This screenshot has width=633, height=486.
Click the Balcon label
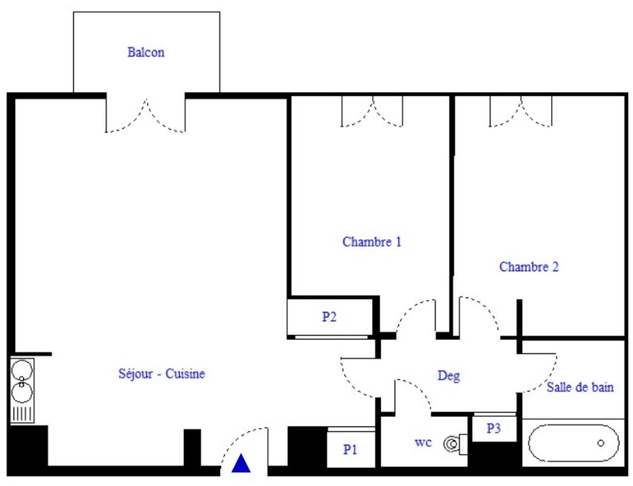coord(146,53)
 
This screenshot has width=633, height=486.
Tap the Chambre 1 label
coord(372,242)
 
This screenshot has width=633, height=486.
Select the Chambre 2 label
coord(529,267)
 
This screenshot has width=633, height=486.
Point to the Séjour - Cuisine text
coord(162,374)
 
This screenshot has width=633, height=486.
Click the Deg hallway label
coord(449,376)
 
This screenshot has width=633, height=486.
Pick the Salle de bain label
coord(580,387)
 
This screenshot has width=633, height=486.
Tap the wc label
coord(423,442)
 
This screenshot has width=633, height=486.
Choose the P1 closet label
coord(350,450)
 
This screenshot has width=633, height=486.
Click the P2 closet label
coord(329,317)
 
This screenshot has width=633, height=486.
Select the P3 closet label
coord(493,428)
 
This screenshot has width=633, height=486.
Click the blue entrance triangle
coord(241,463)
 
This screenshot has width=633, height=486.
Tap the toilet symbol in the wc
coord(455,444)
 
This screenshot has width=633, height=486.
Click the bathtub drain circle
coord(601,443)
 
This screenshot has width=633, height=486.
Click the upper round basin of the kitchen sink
coord(22,370)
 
